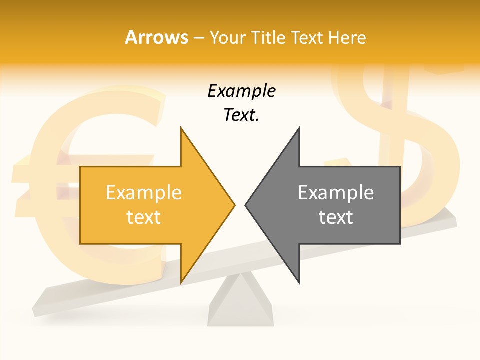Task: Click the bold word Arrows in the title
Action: (156, 37)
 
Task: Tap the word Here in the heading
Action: (347, 37)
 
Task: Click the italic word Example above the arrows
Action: (241, 91)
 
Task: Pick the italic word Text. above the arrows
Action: (241, 115)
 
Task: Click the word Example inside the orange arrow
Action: (144, 193)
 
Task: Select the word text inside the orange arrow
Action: (144, 217)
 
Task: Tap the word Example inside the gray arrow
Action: (336, 193)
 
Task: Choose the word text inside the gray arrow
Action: (336, 217)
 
